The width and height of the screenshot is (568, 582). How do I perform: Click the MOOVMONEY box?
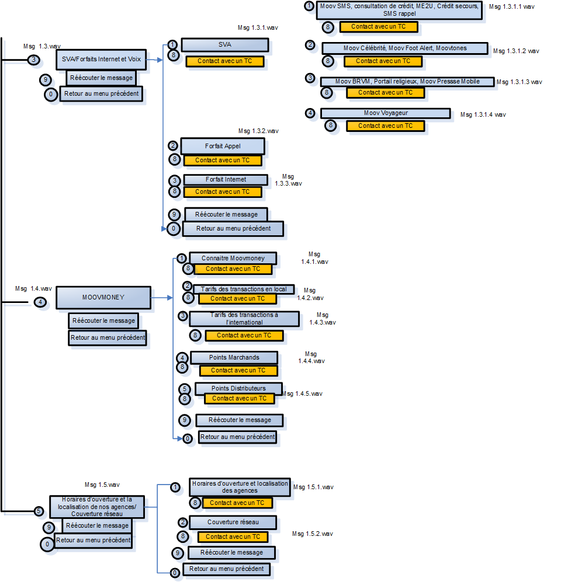pos(103,297)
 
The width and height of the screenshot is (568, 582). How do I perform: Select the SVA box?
pos(224,45)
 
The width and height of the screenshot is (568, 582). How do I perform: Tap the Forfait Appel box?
pos(223,146)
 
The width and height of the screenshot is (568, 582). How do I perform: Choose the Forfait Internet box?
pos(226,180)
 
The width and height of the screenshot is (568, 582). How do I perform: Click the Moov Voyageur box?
pos(385,113)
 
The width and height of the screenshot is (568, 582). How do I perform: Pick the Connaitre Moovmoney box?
pos(233,258)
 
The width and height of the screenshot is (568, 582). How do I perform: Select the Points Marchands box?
pos(233,357)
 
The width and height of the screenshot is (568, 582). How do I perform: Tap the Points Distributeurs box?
pos(238,388)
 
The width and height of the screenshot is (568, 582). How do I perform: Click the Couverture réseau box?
pos(233,522)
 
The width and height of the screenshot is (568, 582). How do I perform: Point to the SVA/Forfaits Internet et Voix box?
pos(101,59)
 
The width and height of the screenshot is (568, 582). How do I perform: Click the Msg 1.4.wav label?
pos(33,288)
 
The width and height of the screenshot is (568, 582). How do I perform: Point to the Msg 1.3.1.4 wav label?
pos(483,114)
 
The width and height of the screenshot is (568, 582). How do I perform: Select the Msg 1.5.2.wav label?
pos(313,534)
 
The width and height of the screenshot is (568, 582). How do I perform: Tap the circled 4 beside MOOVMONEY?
pos(40,302)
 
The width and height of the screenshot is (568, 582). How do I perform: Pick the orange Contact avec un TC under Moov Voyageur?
pos(385,126)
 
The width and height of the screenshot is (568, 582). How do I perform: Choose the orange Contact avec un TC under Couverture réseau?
pos(233,536)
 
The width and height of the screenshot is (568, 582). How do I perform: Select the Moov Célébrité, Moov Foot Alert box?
pos(404,48)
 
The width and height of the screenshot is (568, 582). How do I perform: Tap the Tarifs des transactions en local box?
pos(244,289)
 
